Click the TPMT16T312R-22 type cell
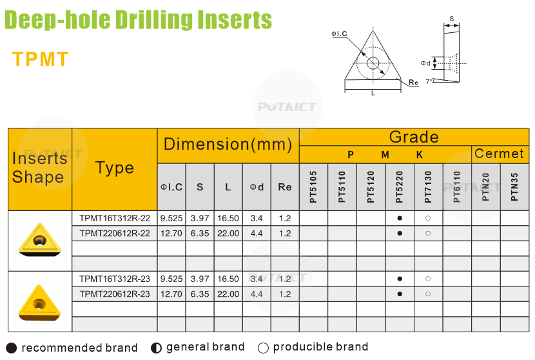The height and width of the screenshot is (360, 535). point(115,218)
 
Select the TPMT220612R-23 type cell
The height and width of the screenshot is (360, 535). point(115,294)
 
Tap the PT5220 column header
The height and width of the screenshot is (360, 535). point(400,187)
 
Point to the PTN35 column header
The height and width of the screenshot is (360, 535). point(514,187)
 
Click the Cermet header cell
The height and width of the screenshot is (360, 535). point(499,154)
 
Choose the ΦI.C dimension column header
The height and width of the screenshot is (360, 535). point(171,187)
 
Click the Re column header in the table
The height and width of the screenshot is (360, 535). point(285,187)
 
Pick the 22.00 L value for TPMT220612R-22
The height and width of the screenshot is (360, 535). point(228,234)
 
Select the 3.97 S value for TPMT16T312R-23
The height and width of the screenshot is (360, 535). point(200,279)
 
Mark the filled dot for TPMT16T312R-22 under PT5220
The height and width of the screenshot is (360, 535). point(400,218)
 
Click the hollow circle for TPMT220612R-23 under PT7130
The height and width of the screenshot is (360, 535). point(428,294)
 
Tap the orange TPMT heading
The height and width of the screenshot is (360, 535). point(41,59)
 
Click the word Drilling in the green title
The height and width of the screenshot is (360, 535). point(154,19)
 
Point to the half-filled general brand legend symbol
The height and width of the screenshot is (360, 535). point(156,348)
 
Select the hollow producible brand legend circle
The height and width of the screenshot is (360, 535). point(263,348)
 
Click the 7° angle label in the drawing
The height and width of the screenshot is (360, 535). point(429,81)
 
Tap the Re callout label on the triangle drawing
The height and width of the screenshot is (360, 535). point(414,83)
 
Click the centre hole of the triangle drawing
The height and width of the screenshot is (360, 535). point(373,63)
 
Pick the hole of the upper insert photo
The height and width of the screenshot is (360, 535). point(39,241)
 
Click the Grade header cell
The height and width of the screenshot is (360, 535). point(414,137)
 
